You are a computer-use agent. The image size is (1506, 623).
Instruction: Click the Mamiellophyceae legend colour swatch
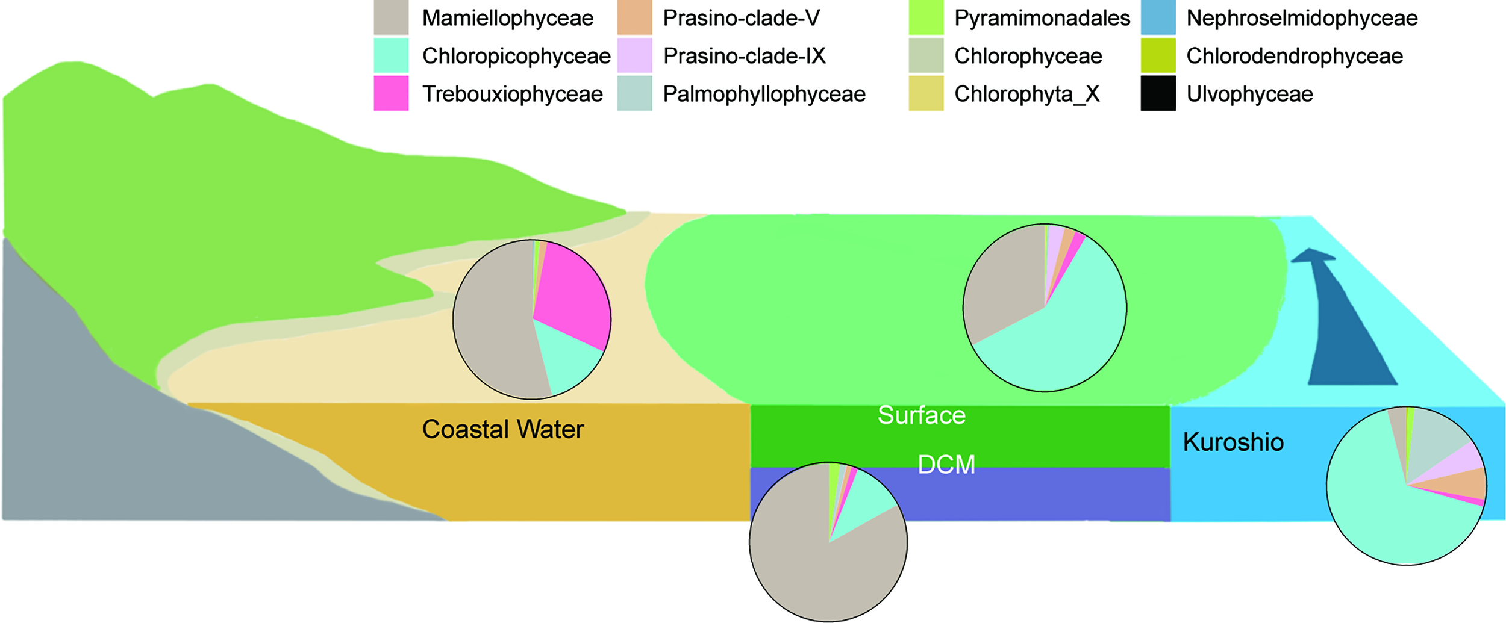(391, 17)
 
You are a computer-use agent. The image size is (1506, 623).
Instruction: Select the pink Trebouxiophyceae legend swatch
(391, 93)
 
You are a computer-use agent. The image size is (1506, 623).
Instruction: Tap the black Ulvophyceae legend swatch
(1158, 93)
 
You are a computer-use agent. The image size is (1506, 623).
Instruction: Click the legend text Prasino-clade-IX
(744, 56)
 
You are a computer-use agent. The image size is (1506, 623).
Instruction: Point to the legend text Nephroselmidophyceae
(1302, 18)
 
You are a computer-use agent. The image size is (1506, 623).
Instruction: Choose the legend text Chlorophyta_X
(1027, 94)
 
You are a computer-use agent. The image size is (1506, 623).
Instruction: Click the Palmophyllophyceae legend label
(764, 94)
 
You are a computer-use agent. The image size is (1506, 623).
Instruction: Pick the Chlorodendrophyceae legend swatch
(1158, 55)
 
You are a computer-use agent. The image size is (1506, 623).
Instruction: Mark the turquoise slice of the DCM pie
(867, 503)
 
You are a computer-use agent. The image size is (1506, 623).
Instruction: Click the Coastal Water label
(502, 429)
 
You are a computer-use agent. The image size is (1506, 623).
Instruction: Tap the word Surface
(921, 415)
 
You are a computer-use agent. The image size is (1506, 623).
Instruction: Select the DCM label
(946, 465)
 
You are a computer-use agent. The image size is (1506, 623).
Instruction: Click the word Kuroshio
(1233, 442)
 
